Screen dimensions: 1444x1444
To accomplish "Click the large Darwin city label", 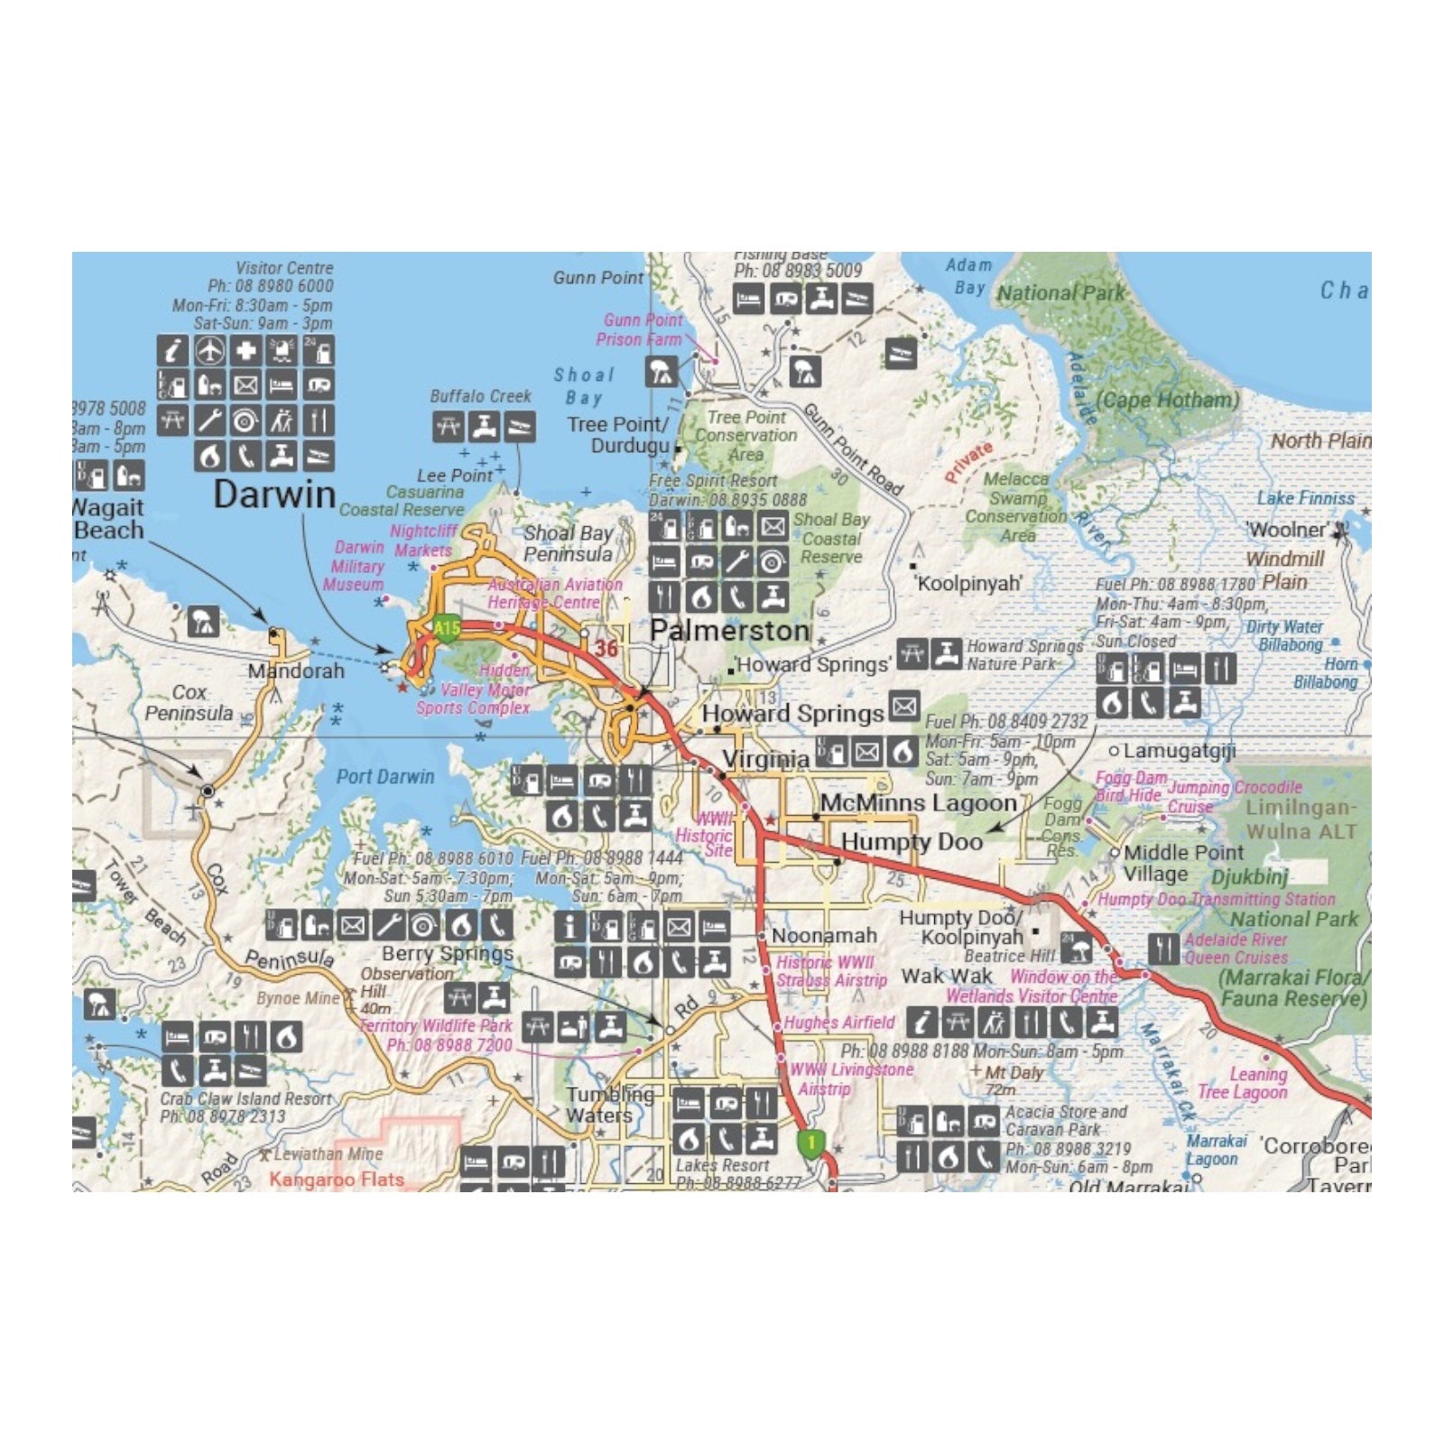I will tap(274, 495).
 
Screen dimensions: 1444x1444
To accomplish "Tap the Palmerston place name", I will tap(729, 630).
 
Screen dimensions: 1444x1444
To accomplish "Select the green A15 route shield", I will tap(447, 628).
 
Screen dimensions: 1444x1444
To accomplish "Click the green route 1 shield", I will tap(811, 1143).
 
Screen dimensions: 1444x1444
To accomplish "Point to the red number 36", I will tap(606, 647).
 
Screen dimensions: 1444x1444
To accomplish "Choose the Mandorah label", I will tap(296, 671).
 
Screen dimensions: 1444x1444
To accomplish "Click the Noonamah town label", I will tap(824, 936).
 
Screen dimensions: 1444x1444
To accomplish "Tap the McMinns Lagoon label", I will tap(918, 802).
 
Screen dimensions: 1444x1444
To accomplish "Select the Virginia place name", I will tap(766, 759).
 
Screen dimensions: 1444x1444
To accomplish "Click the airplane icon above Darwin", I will tap(209, 350).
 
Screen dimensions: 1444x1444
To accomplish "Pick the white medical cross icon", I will tap(245, 350).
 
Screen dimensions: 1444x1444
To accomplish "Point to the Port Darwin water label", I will tap(385, 776).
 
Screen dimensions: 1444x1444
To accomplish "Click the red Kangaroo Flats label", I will tap(336, 1180).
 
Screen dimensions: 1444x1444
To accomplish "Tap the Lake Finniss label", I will tap(1305, 497).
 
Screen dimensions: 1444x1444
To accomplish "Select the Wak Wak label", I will tap(946, 976).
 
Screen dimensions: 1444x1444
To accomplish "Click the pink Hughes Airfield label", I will tap(838, 1023).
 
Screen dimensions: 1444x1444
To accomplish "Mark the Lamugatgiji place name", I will tap(1179, 750).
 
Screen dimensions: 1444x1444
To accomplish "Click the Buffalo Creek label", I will tap(480, 396).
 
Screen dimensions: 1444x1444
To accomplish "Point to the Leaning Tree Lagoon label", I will tap(1244, 1083).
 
